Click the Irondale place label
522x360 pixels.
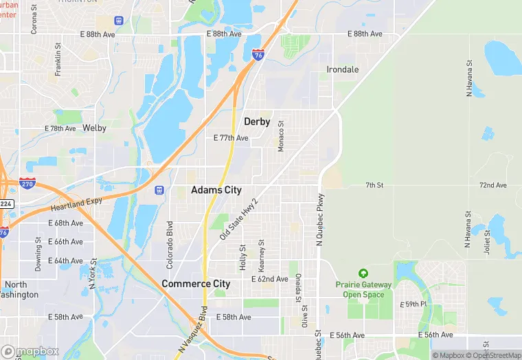click(342, 69)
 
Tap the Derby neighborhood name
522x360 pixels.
click(257, 122)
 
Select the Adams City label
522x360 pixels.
click(216, 190)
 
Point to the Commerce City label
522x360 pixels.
click(196, 283)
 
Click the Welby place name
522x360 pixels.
click(94, 128)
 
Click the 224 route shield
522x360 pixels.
click(5, 203)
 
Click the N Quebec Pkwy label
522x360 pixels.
click(319, 219)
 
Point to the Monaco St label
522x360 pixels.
click(280, 135)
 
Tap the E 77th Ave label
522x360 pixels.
click(231, 137)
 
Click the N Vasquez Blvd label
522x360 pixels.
click(192, 329)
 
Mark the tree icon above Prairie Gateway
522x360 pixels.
click(363, 273)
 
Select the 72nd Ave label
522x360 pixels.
click(492, 185)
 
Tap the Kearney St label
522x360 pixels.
click(261, 255)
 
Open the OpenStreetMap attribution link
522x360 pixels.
click(493, 355)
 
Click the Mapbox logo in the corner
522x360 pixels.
click(30, 351)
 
